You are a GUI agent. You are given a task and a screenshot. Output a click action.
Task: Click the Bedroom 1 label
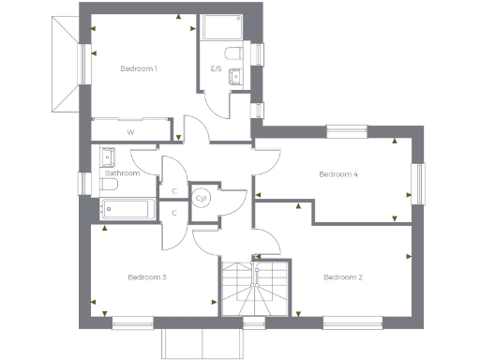(138, 68)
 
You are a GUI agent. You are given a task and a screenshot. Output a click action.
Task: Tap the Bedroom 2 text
(342, 277)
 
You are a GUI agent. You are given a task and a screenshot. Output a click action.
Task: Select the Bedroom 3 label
(147, 277)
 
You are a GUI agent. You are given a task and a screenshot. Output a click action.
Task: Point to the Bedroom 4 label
(338, 174)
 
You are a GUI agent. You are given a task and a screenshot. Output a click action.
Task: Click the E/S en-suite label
(216, 68)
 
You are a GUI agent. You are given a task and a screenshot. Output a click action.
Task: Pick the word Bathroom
(122, 173)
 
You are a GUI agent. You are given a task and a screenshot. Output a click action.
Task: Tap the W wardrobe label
(130, 132)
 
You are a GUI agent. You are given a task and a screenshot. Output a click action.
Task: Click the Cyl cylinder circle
(202, 198)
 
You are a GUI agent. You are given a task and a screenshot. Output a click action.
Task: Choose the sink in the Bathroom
(107, 156)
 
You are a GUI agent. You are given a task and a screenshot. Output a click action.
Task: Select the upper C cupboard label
(174, 191)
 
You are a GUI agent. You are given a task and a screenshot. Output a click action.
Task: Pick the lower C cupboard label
(174, 213)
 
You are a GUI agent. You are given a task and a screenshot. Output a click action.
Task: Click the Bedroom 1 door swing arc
(193, 127)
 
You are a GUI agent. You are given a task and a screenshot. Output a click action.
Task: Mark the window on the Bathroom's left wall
(84, 181)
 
